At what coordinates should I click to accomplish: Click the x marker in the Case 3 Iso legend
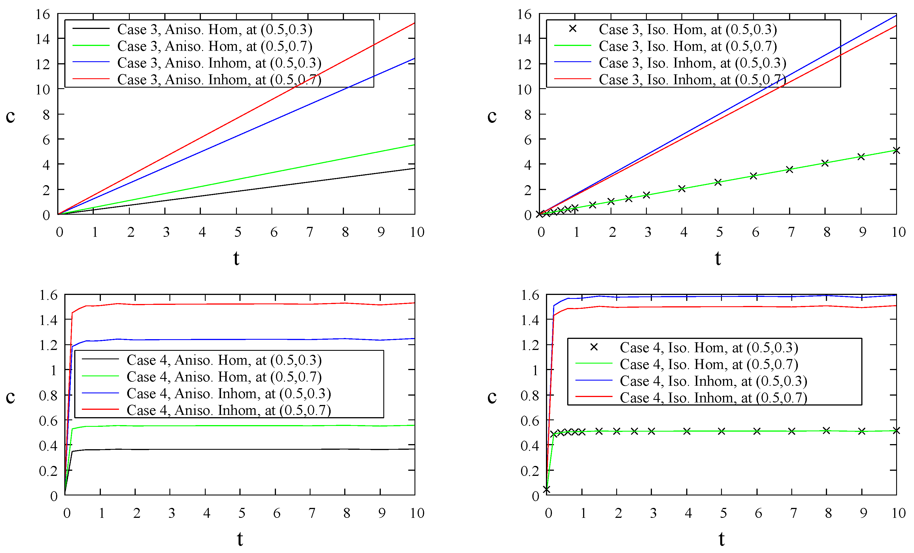(572, 29)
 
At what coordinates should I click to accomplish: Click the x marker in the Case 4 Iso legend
(594, 347)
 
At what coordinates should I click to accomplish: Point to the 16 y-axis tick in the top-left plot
(43, 14)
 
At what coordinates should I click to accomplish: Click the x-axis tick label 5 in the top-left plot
(238, 233)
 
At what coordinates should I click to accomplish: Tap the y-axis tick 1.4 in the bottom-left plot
(49, 320)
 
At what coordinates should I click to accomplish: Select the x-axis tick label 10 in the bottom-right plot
(898, 513)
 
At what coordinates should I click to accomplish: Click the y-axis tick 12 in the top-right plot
(524, 64)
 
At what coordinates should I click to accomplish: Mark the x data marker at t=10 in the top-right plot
(896, 150)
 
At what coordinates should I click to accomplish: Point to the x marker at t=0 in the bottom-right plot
(547, 489)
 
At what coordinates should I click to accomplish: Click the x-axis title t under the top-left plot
(236, 258)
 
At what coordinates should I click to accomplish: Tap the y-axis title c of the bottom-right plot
(492, 397)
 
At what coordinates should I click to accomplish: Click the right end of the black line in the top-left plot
(414, 169)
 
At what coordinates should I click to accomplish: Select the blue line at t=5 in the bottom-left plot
(240, 339)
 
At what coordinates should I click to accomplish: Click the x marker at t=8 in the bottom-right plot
(826, 430)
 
